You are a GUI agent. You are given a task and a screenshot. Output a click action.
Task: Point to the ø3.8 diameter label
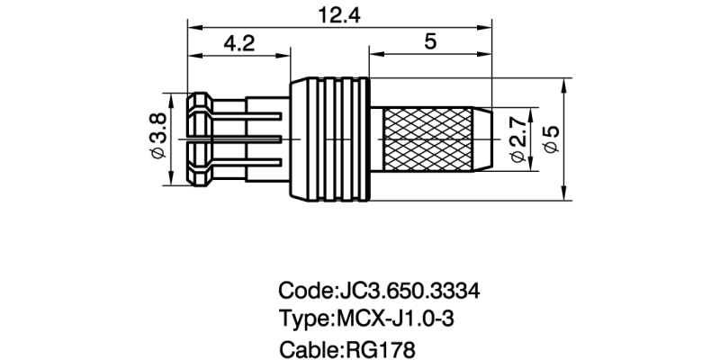pyautogui.click(x=157, y=139)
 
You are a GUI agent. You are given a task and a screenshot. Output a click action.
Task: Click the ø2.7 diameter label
pyautogui.click(x=517, y=140)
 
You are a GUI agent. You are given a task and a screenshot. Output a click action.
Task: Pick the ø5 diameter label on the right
pyautogui.click(x=550, y=139)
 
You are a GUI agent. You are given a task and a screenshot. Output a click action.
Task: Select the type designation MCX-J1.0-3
pyautogui.click(x=401, y=319)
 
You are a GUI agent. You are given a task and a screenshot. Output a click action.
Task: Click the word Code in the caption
pyautogui.click(x=305, y=292)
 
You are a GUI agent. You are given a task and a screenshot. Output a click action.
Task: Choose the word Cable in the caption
pyautogui.click(x=307, y=348)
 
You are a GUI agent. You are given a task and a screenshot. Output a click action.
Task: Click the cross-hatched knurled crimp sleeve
pyautogui.click(x=427, y=139)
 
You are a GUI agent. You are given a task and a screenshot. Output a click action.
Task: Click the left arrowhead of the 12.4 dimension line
pyautogui.click(x=190, y=27)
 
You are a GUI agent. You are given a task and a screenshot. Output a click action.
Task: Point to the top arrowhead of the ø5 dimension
pyautogui.click(x=562, y=84)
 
